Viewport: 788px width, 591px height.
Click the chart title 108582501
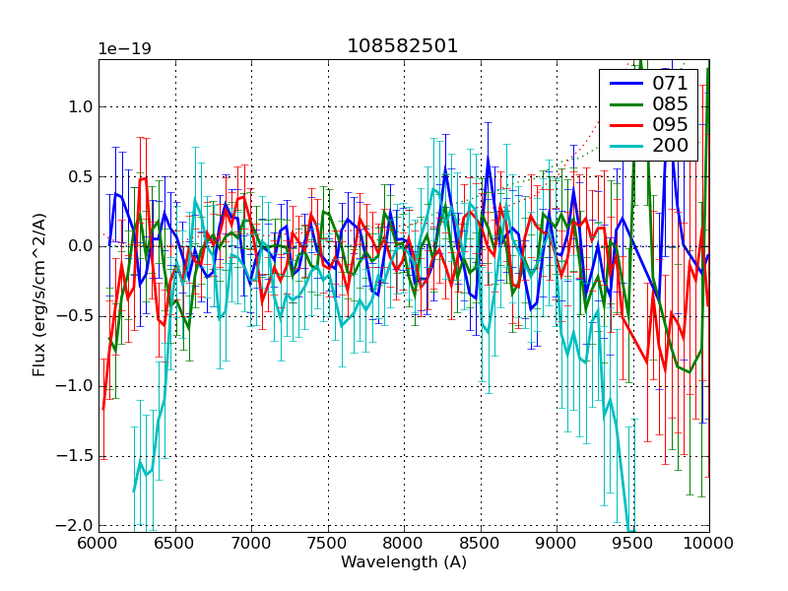pyautogui.click(x=402, y=46)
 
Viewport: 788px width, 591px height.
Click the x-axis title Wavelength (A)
pyautogui.click(x=404, y=562)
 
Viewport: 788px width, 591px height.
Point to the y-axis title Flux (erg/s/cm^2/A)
pyautogui.click(x=39, y=295)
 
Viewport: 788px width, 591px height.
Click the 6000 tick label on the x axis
pyautogui.click(x=98, y=543)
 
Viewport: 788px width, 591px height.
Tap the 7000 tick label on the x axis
pyautogui.click(x=251, y=543)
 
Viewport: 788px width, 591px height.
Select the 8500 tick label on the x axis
pyautogui.click(x=480, y=543)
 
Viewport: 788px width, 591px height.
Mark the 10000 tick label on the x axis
pyautogui.click(x=708, y=543)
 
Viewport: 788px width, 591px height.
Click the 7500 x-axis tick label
pyautogui.click(x=327, y=543)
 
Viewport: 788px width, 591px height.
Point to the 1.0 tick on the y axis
pyautogui.click(x=79, y=106)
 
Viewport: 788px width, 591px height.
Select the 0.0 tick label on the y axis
pyautogui.click(x=79, y=246)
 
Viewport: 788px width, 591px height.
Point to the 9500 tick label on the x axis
pyautogui.click(x=632, y=543)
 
